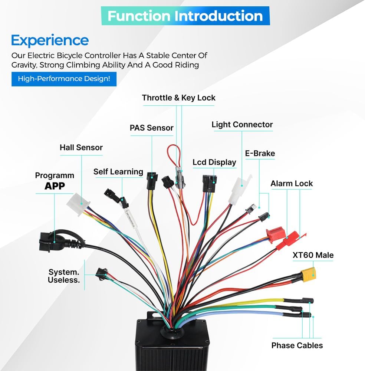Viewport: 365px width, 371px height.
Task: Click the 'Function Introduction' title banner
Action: pyautogui.click(x=185, y=16)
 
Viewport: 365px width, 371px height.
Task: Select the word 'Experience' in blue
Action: pyautogui.click(x=50, y=40)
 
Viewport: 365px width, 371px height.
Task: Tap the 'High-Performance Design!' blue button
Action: pyautogui.click(x=64, y=79)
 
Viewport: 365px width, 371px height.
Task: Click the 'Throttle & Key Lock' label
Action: pyautogui.click(x=178, y=98)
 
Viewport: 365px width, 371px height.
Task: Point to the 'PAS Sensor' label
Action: pyautogui.click(x=151, y=128)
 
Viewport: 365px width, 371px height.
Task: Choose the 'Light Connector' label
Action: pyautogui.click(x=242, y=125)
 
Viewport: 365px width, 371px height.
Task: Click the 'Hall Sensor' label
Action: pyautogui.click(x=81, y=147)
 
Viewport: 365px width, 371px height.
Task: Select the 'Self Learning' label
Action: pyautogui.click(x=118, y=171)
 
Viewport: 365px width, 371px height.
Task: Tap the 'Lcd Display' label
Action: pyautogui.click(x=214, y=162)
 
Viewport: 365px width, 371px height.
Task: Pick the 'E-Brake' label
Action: pyautogui.click(x=260, y=153)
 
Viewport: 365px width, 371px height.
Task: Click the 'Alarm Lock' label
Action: pyautogui.click(x=291, y=183)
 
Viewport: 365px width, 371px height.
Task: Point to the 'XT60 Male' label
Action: pyautogui.click(x=313, y=255)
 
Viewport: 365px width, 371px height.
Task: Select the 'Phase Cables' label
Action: pyautogui.click(x=297, y=345)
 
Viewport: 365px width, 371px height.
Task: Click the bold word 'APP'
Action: pyautogui.click(x=55, y=186)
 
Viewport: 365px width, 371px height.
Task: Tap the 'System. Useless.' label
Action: pyautogui.click(x=64, y=275)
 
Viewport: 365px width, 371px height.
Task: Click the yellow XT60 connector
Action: pyautogui.click(x=308, y=274)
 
